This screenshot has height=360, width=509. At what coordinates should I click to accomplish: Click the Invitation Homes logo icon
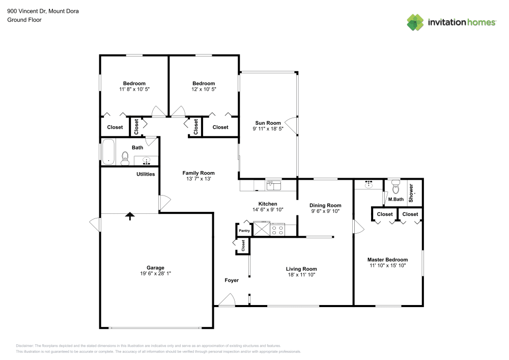click(415, 22)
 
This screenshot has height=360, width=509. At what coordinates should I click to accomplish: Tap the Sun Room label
click(268, 123)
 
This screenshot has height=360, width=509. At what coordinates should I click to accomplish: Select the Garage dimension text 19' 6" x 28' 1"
click(155, 274)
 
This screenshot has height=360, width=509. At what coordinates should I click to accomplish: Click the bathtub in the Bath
click(109, 152)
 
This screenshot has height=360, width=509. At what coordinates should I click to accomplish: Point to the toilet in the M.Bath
click(396, 189)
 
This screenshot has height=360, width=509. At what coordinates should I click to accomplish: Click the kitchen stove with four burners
click(277, 230)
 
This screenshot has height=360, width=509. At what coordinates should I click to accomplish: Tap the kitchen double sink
click(273, 185)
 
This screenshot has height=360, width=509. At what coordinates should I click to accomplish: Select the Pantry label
click(244, 231)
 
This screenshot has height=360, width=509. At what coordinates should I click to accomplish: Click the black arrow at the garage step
click(130, 216)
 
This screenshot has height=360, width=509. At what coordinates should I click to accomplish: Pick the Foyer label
click(232, 280)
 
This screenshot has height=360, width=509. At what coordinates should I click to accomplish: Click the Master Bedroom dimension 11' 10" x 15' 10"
click(387, 266)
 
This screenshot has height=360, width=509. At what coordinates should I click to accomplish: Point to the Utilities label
click(146, 174)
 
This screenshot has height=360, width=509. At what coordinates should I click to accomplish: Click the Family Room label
click(199, 173)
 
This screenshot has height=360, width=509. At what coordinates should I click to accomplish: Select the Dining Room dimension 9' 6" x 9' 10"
click(325, 211)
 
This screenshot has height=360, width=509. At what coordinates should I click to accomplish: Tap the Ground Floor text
click(24, 20)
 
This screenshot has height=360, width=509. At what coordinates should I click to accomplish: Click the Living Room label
click(301, 269)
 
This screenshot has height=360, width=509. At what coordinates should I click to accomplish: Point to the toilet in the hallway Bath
click(125, 158)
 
